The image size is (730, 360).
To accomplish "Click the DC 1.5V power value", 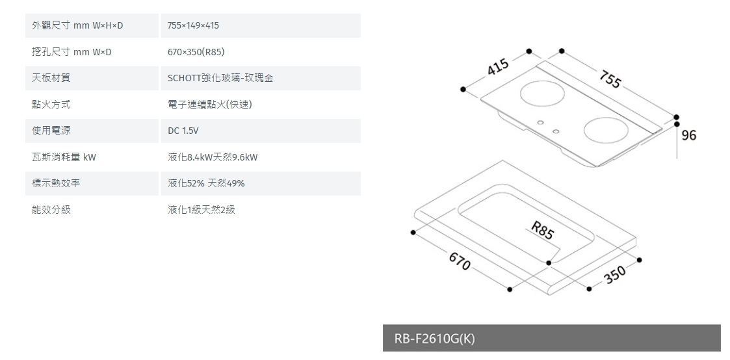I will tap(183, 131).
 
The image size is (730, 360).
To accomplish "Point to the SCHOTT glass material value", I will tap(220, 78).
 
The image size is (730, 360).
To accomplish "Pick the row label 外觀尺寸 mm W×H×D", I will tap(77, 25).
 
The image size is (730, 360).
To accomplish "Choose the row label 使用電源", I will tap(51, 131).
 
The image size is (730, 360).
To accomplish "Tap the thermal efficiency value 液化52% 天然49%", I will tap(206, 184).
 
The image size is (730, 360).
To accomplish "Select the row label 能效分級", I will tap(51, 210).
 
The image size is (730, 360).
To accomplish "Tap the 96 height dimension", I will tap(689, 136).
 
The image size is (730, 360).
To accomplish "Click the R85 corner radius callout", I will tap(541, 230).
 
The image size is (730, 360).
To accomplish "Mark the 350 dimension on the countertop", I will tap(614, 276).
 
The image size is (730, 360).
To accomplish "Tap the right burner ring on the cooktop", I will tap(608, 129).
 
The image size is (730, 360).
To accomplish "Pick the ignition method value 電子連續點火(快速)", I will tap(209, 104).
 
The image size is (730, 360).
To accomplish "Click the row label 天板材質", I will tap(51, 78).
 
